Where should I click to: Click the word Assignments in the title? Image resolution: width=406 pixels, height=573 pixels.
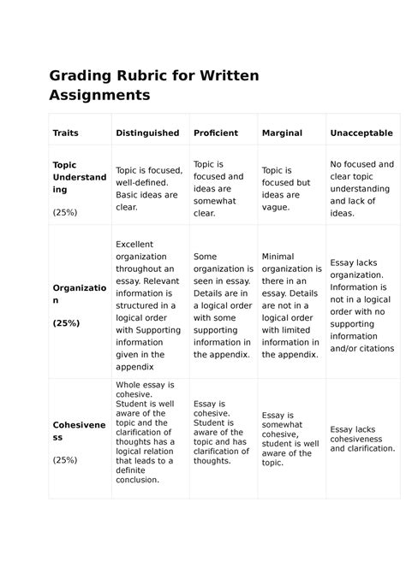click(99, 94)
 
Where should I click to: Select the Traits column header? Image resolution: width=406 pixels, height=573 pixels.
click(65, 133)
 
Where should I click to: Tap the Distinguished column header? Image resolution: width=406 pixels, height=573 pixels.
click(147, 133)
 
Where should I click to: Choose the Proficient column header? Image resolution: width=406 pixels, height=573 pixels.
click(216, 133)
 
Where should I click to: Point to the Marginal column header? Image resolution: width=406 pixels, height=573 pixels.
click(282, 133)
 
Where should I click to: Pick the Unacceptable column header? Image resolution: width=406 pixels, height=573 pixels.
click(361, 133)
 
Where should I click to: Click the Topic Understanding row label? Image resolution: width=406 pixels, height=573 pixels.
click(79, 177)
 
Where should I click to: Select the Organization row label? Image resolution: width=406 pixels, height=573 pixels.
click(79, 295)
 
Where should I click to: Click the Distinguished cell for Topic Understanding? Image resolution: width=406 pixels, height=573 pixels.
click(147, 189)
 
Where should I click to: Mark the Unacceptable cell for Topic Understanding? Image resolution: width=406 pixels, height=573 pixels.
click(361, 189)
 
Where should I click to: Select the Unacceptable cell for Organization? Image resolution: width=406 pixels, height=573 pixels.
click(361, 305)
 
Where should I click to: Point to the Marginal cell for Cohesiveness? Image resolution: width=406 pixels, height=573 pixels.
click(290, 439)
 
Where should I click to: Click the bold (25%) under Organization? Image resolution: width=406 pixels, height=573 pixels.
click(65, 324)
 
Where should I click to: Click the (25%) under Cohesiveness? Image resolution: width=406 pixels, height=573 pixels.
click(65, 459)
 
